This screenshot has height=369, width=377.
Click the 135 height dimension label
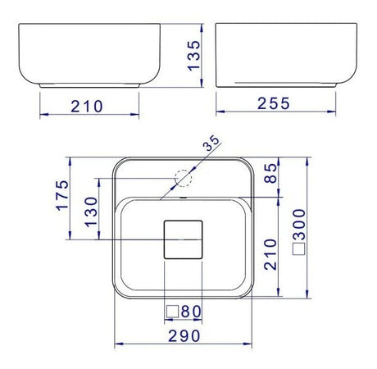point(194,56)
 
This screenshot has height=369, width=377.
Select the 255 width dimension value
point(274,103)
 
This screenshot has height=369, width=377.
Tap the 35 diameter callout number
point(212,143)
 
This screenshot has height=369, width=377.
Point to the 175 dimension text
point(62,195)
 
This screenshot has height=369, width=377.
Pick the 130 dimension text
point(91,212)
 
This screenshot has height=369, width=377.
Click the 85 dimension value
point(270,173)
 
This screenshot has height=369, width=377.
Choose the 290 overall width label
point(184,335)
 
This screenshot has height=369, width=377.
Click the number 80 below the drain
point(191,312)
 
